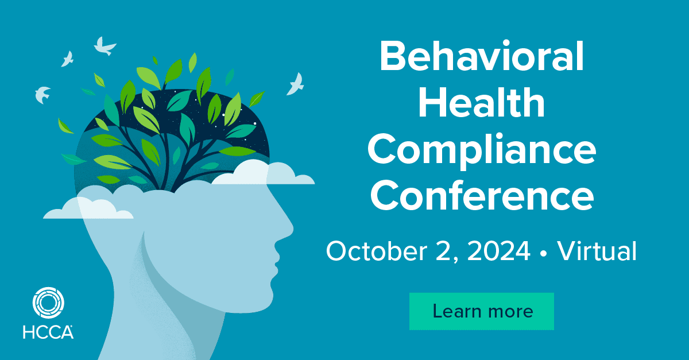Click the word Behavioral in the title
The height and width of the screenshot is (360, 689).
[x=482, y=57]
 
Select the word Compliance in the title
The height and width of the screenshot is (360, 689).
[x=482, y=151]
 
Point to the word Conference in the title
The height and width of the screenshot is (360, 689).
[x=482, y=195]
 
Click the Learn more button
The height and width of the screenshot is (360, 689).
[x=482, y=311]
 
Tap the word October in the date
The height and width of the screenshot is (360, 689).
[x=377, y=251]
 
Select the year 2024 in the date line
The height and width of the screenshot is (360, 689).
[x=498, y=251]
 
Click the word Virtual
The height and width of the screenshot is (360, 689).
[x=597, y=251]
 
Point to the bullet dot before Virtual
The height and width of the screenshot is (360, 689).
[x=544, y=254]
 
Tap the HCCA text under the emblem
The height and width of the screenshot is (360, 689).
[x=48, y=332]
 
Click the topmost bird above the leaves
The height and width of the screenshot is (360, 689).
[x=104, y=47]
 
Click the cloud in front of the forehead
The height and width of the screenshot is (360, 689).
[x=263, y=174]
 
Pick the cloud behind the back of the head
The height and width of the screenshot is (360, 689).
[x=89, y=209]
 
